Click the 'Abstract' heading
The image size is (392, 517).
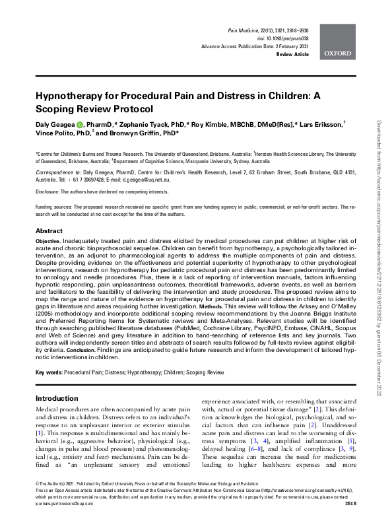coord(49,231)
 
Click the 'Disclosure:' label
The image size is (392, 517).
coord(50,192)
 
